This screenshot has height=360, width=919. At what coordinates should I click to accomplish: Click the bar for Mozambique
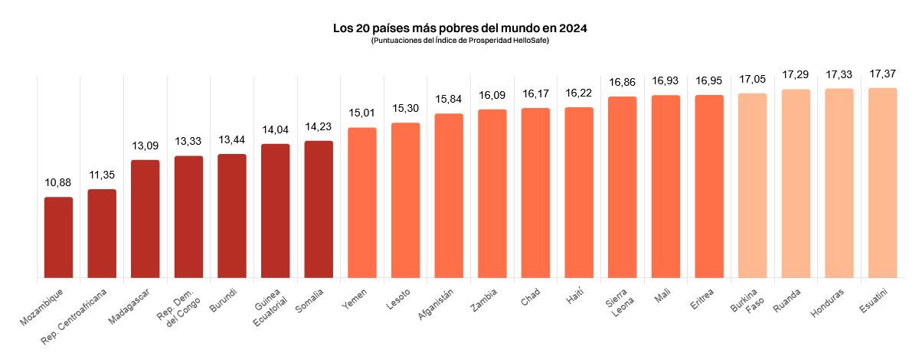[x=58, y=237]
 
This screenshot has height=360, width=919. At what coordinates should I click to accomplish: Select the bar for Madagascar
[x=146, y=218]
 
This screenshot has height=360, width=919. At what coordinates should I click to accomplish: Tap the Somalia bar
[x=319, y=209]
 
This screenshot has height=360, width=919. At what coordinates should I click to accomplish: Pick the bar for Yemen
[x=362, y=202]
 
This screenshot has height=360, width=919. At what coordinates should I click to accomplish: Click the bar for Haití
[x=579, y=192]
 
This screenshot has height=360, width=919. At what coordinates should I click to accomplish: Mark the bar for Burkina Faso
[x=752, y=185]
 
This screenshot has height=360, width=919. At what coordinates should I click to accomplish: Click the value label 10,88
[x=58, y=183]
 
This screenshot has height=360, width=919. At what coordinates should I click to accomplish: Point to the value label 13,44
[x=232, y=140]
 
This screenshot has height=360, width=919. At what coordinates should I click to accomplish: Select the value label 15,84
[x=449, y=100]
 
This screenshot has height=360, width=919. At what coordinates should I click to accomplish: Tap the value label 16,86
[x=623, y=82]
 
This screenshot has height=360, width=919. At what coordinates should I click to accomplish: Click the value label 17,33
[x=839, y=74]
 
